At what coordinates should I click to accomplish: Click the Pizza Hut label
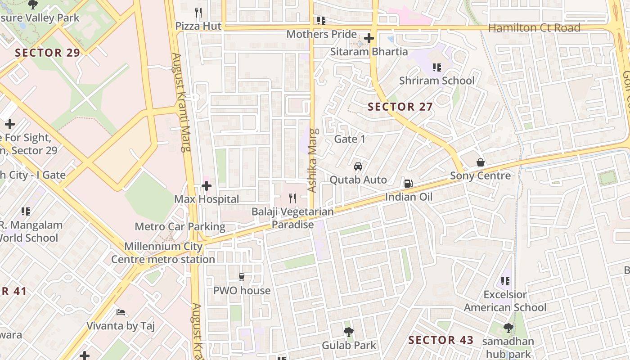(x=198, y=26)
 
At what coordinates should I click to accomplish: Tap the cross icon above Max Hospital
(x=207, y=185)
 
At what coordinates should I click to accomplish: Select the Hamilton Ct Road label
(x=534, y=28)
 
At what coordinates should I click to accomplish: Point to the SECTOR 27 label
(x=400, y=107)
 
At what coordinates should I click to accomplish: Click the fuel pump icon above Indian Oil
(x=409, y=183)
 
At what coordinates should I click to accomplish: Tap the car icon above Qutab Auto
(x=358, y=166)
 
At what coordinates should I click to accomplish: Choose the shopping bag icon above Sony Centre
(x=481, y=162)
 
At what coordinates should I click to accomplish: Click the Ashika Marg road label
(x=313, y=161)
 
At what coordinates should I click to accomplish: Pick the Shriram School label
(x=437, y=81)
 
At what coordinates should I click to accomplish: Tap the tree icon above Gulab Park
(x=348, y=332)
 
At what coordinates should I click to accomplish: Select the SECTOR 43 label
(x=441, y=340)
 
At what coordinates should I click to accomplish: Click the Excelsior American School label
(x=505, y=301)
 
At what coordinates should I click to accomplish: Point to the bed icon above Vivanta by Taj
(x=120, y=312)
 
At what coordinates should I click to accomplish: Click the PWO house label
(x=242, y=291)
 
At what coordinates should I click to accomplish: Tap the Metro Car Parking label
(x=180, y=226)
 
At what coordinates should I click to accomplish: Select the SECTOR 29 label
(x=47, y=53)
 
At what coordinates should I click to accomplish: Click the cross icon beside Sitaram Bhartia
(x=369, y=38)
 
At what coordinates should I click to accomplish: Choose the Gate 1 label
(x=350, y=139)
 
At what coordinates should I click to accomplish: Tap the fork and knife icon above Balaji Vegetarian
(x=292, y=198)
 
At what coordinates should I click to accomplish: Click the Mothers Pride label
(x=321, y=34)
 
